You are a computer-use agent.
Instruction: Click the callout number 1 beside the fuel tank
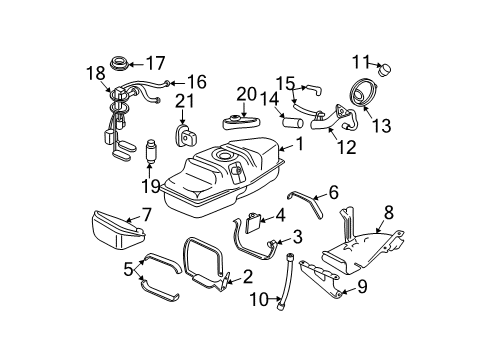coord(298,144)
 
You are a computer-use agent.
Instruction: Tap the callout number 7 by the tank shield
coord(145,214)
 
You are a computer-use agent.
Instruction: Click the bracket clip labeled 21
coord(183,136)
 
